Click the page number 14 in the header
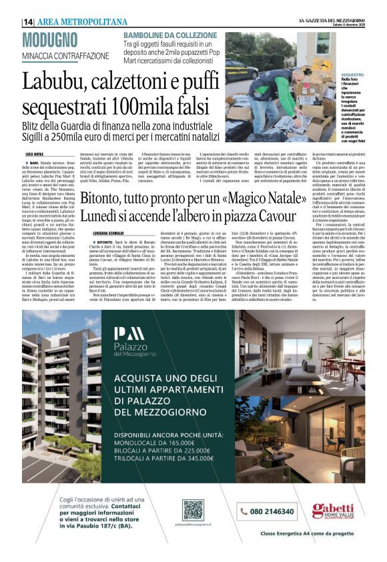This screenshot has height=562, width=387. pos(29,22)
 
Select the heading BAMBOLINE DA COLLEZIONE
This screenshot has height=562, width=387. pos(169,35)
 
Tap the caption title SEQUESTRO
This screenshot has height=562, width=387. pos(352,75)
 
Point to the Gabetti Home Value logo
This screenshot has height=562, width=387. pos(332,510)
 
